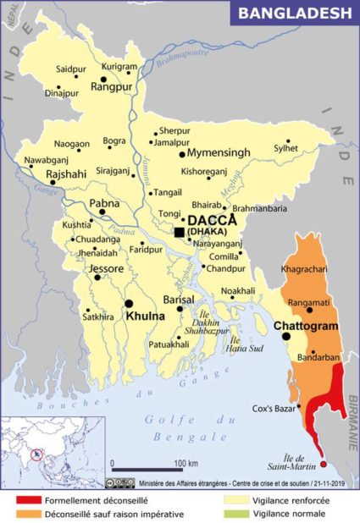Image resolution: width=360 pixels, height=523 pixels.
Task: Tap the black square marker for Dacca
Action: click(x=180, y=231)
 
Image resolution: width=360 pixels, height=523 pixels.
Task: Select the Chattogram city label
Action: click(x=306, y=325)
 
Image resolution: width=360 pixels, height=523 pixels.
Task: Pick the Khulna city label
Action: click(x=146, y=315)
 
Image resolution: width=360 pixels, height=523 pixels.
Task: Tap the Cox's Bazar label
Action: click(x=273, y=409)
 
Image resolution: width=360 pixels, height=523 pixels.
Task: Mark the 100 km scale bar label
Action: click(x=186, y=463)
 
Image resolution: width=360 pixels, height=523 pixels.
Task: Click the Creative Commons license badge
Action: click(x=119, y=482)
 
